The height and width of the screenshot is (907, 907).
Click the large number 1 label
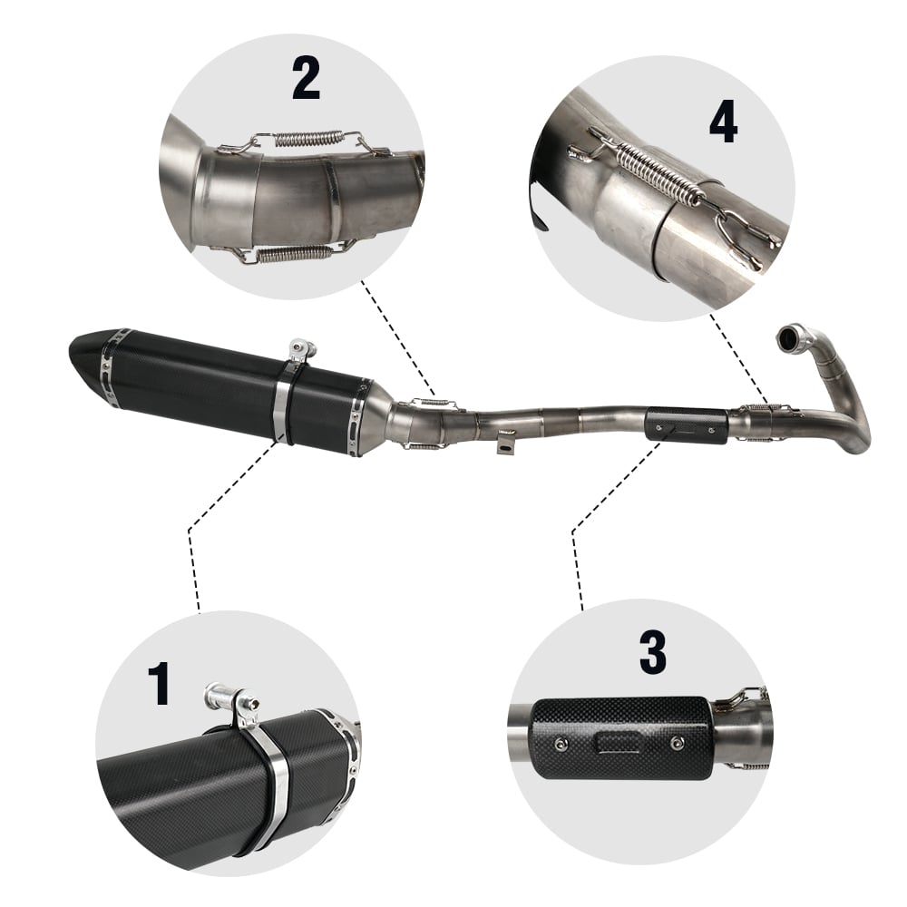click(159, 683)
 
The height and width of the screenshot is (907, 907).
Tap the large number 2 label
click(306, 77)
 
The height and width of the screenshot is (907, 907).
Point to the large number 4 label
click(723, 122)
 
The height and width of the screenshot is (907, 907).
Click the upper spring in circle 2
click(307, 139)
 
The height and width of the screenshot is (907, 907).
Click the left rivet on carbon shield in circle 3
click(561, 744)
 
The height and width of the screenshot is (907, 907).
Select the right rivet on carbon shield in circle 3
click(677, 741)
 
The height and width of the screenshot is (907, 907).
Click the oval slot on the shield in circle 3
click(619, 742)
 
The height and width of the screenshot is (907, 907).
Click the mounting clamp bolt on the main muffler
click(303, 350)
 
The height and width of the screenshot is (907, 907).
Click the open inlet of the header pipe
click(789, 336)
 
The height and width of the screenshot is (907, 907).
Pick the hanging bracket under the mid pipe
click(505, 443)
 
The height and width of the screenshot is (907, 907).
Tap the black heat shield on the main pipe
click(687, 425)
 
